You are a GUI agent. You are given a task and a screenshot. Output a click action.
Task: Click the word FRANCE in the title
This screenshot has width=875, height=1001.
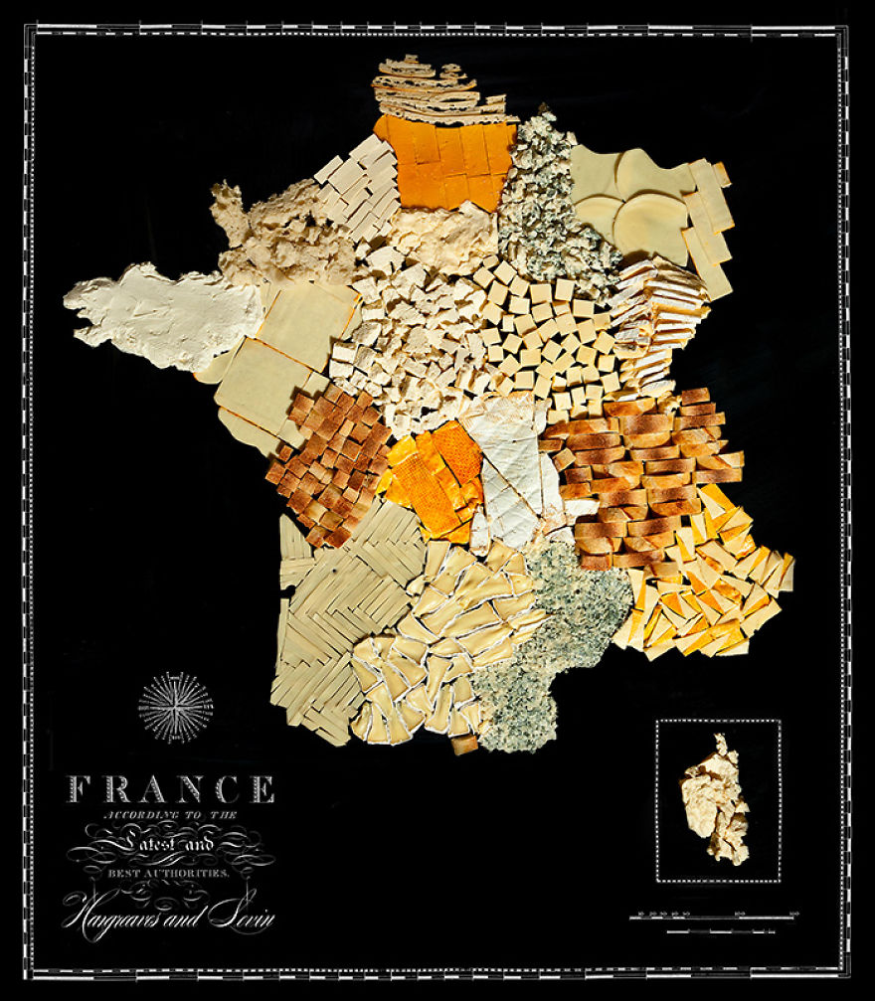170,789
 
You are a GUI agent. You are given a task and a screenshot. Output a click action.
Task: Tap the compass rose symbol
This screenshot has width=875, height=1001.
175,707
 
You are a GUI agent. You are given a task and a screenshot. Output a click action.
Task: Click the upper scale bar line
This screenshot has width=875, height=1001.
714,916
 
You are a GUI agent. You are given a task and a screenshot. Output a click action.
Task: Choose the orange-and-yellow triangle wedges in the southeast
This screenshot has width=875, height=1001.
716,586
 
